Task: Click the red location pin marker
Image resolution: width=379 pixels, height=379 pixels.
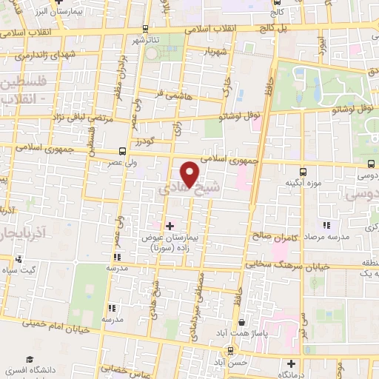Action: point(191,173)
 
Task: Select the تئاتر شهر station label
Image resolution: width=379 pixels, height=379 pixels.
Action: point(145,41)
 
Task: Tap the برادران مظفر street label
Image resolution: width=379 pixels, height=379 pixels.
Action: point(127,73)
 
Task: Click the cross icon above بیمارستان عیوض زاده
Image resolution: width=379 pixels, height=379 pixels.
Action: point(170,225)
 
